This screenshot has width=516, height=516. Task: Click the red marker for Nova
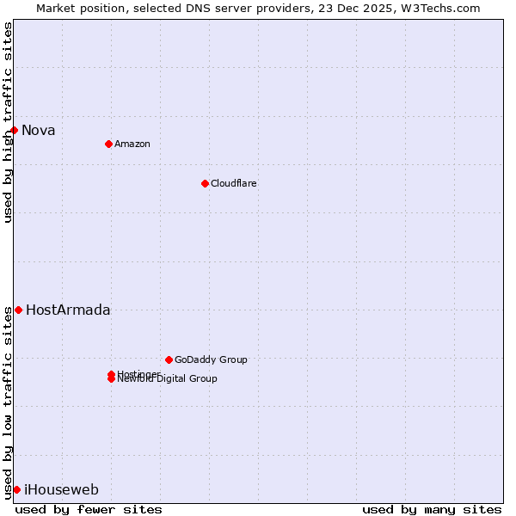15,130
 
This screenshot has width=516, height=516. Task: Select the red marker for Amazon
108,144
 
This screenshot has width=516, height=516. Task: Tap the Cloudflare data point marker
205,183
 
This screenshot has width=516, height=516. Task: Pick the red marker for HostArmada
18,310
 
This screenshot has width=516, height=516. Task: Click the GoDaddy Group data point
169,359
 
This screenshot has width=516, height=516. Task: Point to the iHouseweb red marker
16,489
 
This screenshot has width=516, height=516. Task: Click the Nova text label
39,131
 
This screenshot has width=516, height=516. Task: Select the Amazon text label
132,144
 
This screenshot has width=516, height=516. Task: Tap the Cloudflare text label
234,183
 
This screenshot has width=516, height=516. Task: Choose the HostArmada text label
68,310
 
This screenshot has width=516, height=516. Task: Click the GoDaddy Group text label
211,359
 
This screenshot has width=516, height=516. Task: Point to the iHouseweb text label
61,490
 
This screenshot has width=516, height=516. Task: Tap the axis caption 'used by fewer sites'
89,509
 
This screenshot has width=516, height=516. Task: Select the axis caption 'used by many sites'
432,509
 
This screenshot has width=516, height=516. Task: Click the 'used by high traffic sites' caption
8,122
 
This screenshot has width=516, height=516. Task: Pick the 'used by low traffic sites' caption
8,402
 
